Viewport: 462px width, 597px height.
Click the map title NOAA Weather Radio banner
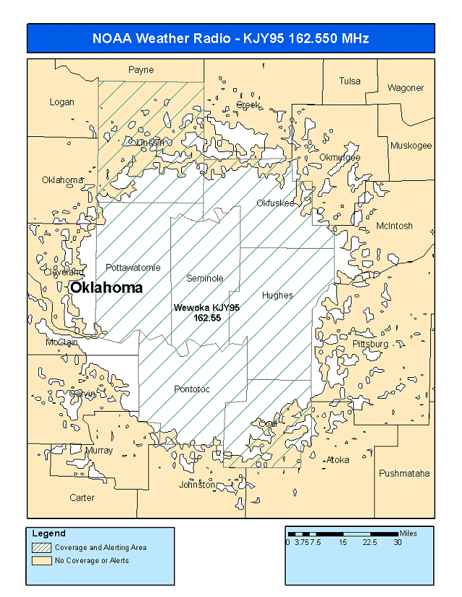[x=231, y=38]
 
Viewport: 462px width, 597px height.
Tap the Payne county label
[x=141, y=70]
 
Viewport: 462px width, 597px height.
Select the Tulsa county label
[x=350, y=81]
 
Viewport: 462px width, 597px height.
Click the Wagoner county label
[x=406, y=88]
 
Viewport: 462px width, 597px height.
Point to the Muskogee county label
[x=411, y=146]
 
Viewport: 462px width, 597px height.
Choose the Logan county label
[x=62, y=102]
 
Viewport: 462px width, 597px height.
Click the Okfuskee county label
[x=276, y=203]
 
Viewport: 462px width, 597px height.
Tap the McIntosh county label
[x=394, y=226]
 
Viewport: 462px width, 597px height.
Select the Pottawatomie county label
[x=133, y=267]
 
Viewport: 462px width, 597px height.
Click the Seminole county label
[x=205, y=278]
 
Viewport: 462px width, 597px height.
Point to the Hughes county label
[x=278, y=296]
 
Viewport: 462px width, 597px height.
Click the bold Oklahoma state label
[x=106, y=288]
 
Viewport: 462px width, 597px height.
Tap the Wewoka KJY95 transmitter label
[x=206, y=312]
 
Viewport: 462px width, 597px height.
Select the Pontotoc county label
[x=192, y=389]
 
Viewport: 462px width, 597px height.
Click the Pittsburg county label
[x=370, y=345]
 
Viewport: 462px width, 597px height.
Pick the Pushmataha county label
[x=404, y=474]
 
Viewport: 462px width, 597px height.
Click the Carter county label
[x=82, y=497]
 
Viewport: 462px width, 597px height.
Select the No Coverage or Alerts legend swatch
[x=41, y=560]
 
